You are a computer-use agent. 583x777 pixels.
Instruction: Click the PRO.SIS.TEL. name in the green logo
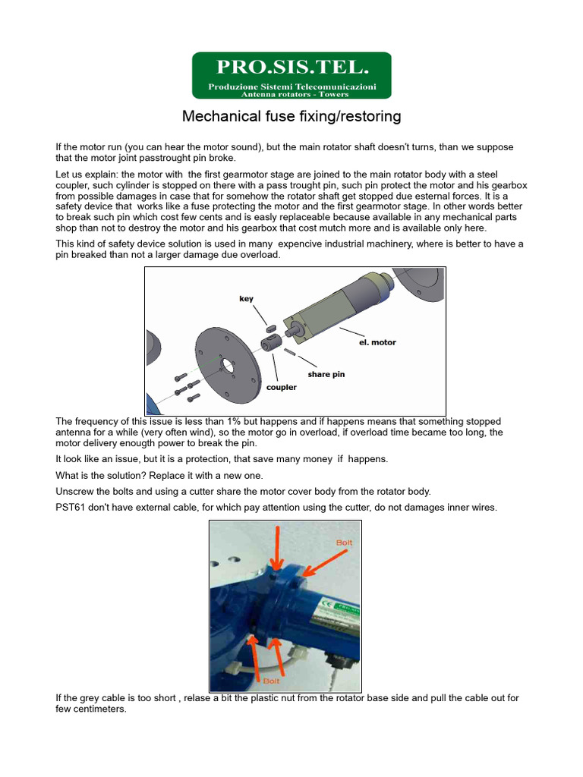tap(291, 68)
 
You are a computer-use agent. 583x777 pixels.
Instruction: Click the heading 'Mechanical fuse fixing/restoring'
tap(291, 117)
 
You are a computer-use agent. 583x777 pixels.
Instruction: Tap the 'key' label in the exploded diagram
tap(246, 299)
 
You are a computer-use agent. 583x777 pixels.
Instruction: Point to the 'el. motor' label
tap(377, 342)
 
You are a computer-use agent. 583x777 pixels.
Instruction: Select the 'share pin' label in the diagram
tap(326, 374)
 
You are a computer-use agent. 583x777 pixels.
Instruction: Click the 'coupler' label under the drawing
tap(281, 387)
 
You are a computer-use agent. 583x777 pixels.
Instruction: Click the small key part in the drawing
tap(271, 328)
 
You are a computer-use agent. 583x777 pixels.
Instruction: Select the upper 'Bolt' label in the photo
tap(344, 543)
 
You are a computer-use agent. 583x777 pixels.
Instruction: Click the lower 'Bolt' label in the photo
tap(272, 681)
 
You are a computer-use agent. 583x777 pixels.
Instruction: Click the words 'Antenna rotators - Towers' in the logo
tap(295, 95)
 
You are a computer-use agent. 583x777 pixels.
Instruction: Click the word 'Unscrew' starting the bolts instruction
tap(77, 491)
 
